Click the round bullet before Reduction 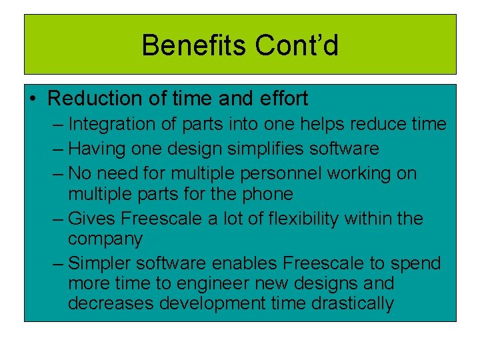click(x=33, y=99)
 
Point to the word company click(x=105, y=239)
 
